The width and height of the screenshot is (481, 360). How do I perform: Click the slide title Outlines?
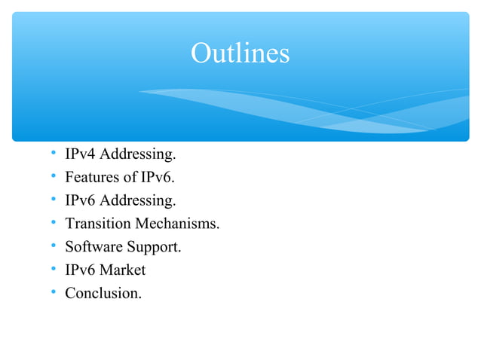pos(240,53)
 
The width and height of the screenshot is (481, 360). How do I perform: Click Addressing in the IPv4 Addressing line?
pos(138,155)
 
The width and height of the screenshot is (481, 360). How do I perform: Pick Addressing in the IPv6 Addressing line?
pos(138,201)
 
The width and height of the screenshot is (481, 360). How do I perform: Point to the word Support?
pos(154,247)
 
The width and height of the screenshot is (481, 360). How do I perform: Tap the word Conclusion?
pos(103,293)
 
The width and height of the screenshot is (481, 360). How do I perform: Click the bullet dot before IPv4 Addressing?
pos(54,155)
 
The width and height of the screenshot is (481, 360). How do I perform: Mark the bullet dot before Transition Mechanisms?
pos(54,224)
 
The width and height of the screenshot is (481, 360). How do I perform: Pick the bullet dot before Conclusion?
pos(54,292)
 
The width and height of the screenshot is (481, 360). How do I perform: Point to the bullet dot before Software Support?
pos(54,246)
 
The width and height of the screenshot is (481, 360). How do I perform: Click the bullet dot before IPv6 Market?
pos(54,270)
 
